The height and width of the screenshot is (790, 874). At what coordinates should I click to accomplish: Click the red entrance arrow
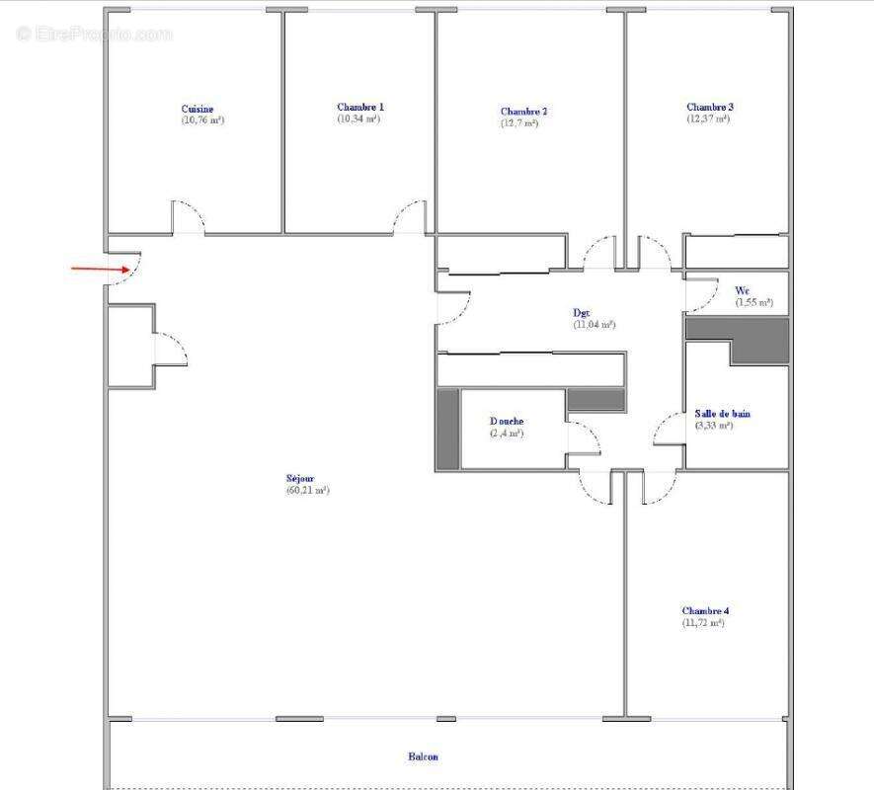coord(100,268)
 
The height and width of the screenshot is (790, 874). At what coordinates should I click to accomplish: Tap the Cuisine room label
coord(198,109)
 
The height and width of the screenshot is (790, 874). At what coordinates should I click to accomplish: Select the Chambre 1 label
coord(360,107)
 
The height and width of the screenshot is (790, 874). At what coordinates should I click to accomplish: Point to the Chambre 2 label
coord(523,112)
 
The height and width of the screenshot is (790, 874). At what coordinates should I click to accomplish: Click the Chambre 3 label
coord(710,107)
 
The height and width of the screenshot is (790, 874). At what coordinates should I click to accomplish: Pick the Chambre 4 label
coord(704,611)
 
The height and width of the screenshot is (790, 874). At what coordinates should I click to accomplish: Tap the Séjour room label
coord(301,478)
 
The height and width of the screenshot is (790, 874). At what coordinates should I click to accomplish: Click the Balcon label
coord(424,757)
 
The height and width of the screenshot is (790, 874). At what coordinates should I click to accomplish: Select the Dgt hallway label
coord(582,312)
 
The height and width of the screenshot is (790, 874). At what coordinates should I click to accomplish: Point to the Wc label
coord(742,290)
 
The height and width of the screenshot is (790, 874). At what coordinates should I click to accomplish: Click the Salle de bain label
coord(721,414)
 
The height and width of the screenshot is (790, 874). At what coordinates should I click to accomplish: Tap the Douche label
coord(507,421)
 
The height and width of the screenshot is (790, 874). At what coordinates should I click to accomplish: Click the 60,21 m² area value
coord(307,490)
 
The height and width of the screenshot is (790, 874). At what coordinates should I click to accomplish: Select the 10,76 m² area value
coord(202,120)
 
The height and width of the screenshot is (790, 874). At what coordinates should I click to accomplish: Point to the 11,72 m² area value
coord(703,623)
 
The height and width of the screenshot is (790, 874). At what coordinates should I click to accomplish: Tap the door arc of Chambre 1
coord(410,218)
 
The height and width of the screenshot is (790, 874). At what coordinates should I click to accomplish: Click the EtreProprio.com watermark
coord(94,34)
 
